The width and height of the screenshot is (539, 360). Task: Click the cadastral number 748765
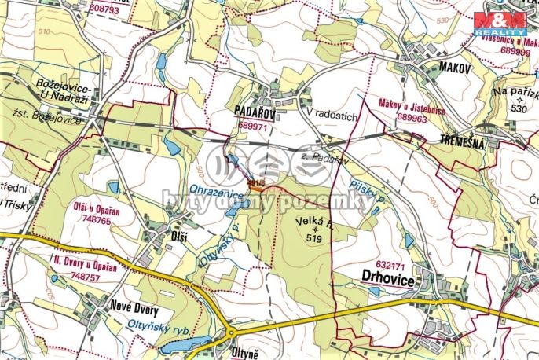(x=72, y=222)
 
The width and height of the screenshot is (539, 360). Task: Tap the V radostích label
(x=332, y=116)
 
